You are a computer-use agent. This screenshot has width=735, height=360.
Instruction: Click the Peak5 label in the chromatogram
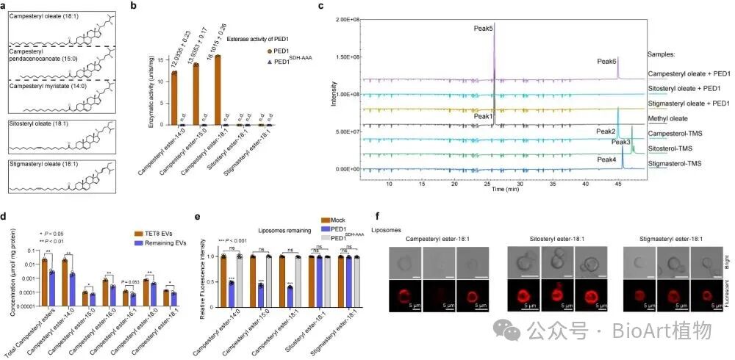482,29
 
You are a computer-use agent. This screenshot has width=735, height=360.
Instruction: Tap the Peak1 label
484,116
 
